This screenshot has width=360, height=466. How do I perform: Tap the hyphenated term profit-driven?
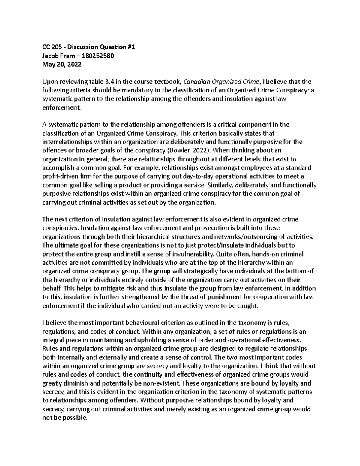[x=60, y=176]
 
